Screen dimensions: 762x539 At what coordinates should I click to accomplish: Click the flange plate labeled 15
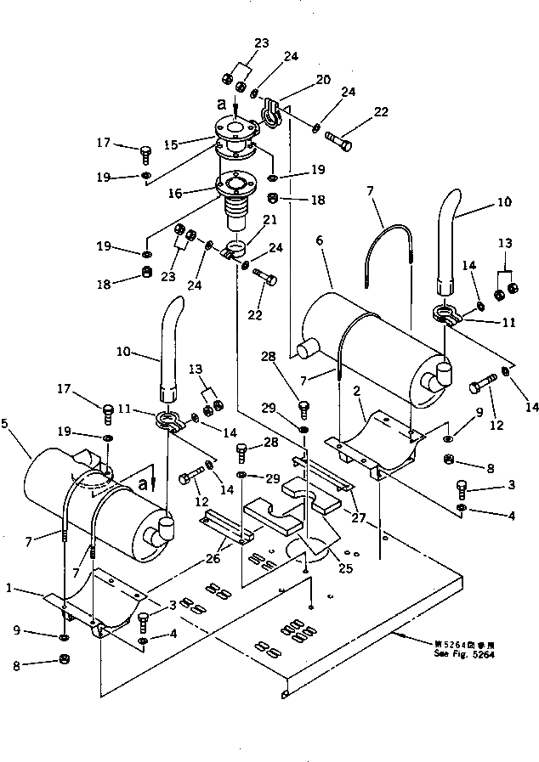[x=235, y=133]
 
